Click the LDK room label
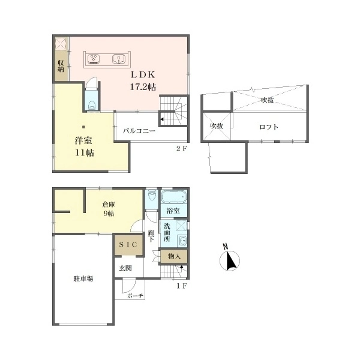(143, 74)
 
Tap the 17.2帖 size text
(143, 87)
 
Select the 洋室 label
(83, 140)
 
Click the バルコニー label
(139, 131)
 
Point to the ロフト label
(269, 127)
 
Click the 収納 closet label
(61, 66)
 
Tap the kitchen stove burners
(94, 59)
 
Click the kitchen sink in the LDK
(119, 59)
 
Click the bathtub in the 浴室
(174, 197)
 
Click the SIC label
(128, 245)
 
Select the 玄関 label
(125, 268)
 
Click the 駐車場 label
(83, 279)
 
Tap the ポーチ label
(135, 296)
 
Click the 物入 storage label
(174, 256)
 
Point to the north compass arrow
(231, 261)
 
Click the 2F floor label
(182, 149)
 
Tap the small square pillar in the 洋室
(84, 127)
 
